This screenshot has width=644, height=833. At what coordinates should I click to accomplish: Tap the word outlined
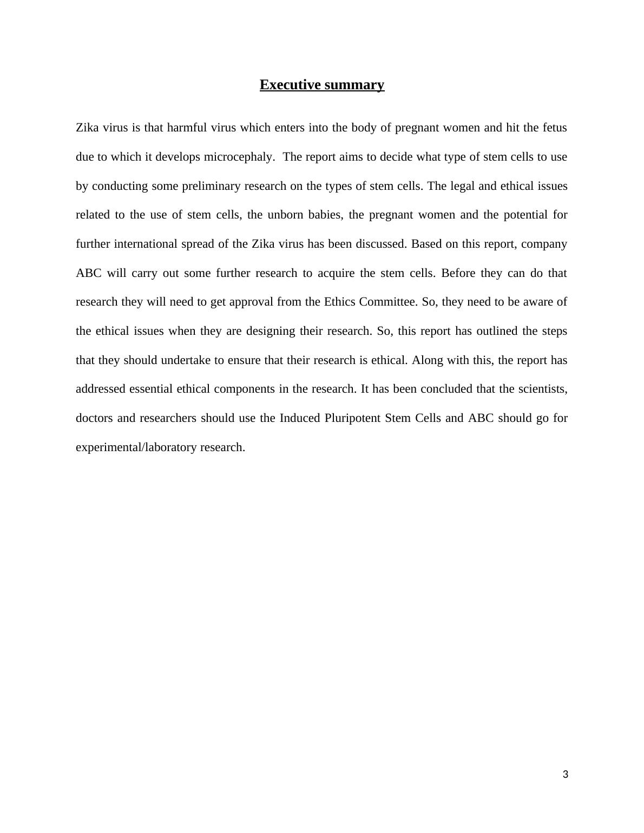(497, 331)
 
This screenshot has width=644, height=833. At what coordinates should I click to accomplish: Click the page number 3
(566, 775)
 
